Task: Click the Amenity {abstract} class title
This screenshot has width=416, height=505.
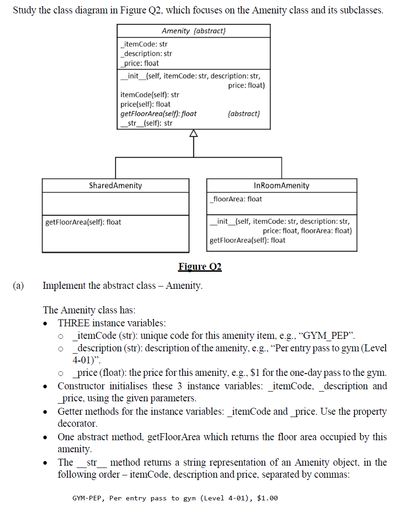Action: point(194,31)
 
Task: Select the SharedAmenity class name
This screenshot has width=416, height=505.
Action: point(116,186)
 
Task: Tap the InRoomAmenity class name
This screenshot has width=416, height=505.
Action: point(281,186)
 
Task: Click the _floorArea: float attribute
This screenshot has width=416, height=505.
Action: point(236,199)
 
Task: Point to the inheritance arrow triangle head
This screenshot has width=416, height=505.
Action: point(193,134)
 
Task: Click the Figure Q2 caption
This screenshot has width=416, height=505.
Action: point(200,267)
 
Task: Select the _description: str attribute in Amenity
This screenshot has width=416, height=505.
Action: point(146,54)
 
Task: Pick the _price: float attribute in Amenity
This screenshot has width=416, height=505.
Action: point(139,63)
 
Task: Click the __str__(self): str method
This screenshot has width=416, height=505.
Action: point(146,123)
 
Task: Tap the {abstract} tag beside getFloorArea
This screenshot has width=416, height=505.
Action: point(244,113)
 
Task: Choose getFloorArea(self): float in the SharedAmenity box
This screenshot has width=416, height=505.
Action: point(83,222)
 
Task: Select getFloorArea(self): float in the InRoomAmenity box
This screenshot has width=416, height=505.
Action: point(248,240)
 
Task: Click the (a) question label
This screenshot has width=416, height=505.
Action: point(18,286)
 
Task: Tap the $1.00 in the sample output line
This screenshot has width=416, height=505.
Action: point(268,498)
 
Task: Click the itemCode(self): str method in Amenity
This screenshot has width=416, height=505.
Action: point(150,95)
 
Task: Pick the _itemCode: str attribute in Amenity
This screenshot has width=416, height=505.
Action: point(143,44)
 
